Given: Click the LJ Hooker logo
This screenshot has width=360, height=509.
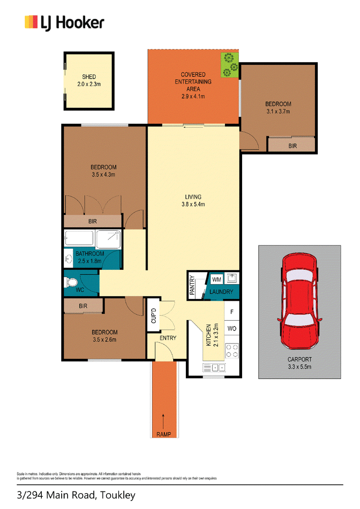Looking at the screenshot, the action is tap(64, 23).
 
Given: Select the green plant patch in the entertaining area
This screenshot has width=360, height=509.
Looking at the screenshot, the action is tap(229, 65).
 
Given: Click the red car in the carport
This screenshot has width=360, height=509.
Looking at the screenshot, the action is tap(300, 302).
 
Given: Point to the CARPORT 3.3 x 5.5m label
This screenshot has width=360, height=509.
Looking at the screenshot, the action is tap(300, 363).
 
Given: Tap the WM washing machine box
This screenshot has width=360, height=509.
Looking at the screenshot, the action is tap(217, 280).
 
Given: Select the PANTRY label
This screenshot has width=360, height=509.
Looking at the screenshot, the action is tap(192, 286).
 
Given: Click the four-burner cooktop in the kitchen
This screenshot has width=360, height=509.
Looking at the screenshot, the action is tap(232, 351).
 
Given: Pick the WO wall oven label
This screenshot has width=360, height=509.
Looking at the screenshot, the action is tap(232, 329).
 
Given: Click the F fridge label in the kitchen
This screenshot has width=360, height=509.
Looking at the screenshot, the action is tap(232, 312).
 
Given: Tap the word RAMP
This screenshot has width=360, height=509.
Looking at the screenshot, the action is tap(164, 434).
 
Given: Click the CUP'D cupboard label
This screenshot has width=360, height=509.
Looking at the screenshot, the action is tap(154, 316).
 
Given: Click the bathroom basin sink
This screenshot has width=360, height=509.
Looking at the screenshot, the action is tap(68, 259).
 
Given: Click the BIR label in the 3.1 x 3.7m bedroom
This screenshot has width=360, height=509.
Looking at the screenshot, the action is tap(293, 146).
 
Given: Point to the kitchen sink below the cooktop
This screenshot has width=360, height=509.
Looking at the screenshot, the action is tap(214, 368).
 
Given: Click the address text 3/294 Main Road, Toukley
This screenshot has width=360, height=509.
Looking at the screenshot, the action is tap(76, 496).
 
